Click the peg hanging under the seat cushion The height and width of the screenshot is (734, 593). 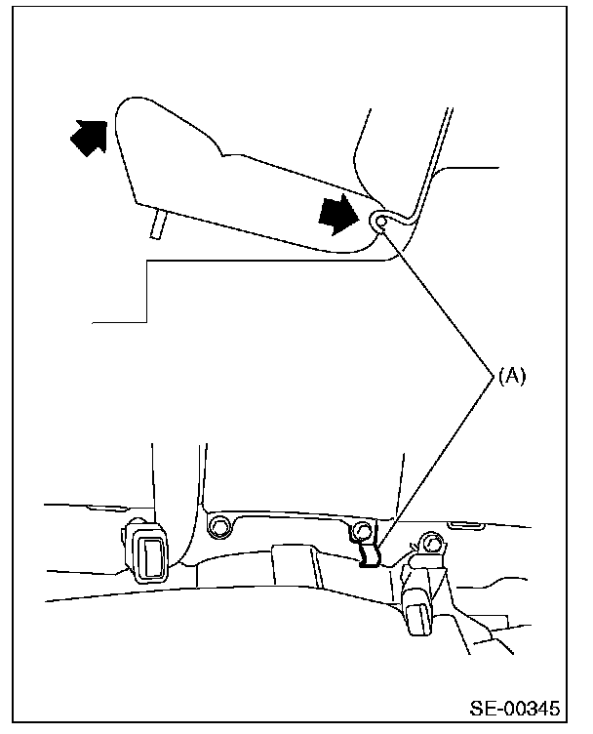pos(155,225)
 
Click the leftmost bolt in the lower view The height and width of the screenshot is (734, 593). pos(217,528)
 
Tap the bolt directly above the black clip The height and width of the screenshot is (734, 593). pos(363,530)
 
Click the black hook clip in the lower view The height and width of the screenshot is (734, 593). pos(370,555)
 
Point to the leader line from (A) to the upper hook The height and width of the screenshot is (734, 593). pos(439,298)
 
